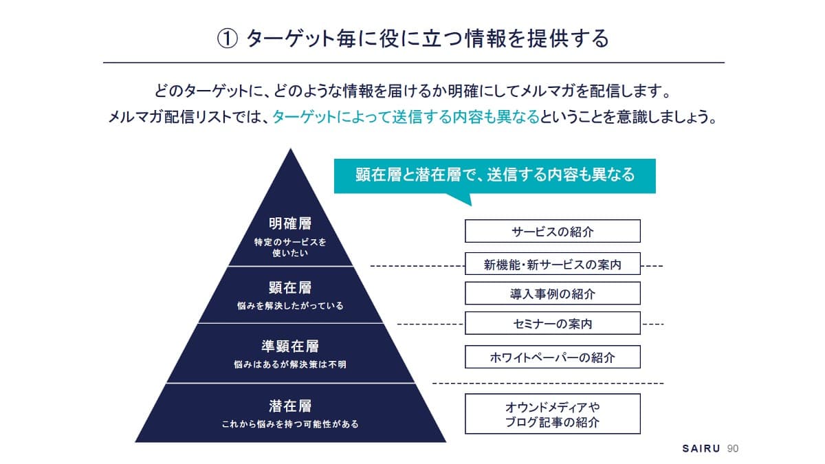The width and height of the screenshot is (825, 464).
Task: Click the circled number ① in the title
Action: click(x=228, y=39)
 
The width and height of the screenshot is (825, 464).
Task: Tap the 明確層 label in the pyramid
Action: click(x=290, y=223)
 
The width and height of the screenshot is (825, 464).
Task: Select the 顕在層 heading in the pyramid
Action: click(x=290, y=287)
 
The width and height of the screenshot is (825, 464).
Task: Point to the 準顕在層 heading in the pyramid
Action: click(x=290, y=346)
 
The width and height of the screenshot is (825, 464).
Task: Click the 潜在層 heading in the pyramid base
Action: click(x=290, y=406)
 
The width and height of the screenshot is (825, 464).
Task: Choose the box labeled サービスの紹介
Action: click(x=553, y=231)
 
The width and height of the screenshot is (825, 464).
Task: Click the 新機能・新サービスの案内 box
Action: click(x=553, y=264)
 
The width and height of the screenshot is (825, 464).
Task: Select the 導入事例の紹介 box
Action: click(x=553, y=294)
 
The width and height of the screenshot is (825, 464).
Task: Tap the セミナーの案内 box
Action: click(x=553, y=323)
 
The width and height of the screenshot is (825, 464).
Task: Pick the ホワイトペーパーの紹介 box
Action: click(x=553, y=357)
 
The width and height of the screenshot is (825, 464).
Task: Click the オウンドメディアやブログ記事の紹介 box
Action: click(x=553, y=414)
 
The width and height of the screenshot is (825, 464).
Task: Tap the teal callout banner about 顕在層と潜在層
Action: click(x=494, y=176)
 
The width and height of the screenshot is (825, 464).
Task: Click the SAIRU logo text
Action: click(x=701, y=448)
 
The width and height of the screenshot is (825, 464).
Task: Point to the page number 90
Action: click(x=733, y=448)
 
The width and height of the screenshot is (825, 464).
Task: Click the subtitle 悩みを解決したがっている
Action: click(x=290, y=306)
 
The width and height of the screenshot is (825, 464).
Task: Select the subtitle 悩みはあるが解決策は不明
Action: click(x=290, y=364)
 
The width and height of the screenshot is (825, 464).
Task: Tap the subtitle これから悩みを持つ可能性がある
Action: click(x=290, y=424)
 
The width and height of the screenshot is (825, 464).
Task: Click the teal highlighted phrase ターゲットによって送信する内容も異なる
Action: click(x=406, y=117)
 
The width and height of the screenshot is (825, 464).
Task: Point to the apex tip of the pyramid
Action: click(x=291, y=148)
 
